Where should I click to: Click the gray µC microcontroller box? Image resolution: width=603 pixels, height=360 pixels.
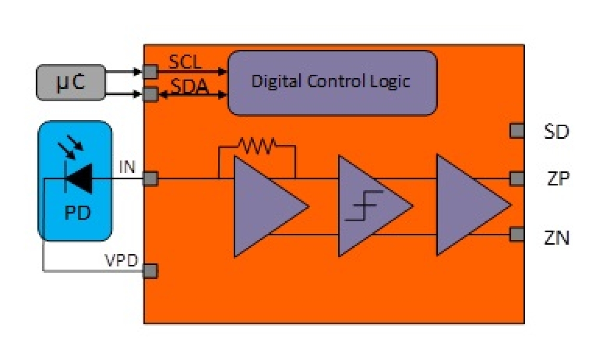pyautogui.click(x=71, y=82)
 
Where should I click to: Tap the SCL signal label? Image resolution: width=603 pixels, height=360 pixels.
pyautogui.click(x=185, y=62)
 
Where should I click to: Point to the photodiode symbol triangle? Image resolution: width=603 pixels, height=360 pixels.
pyautogui.click(x=79, y=179)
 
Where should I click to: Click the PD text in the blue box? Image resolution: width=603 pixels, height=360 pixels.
pyautogui.click(x=77, y=213)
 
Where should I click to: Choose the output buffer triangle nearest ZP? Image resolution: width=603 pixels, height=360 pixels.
pyautogui.click(x=468, y=205)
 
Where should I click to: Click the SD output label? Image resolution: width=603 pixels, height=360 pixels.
pyautogui.click(x=557, y=132)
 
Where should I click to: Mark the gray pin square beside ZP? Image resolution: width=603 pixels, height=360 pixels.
pyautogui.click(x=517, y=179)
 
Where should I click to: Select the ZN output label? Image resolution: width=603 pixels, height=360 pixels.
pyautogui.click(x=557, y=238)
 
